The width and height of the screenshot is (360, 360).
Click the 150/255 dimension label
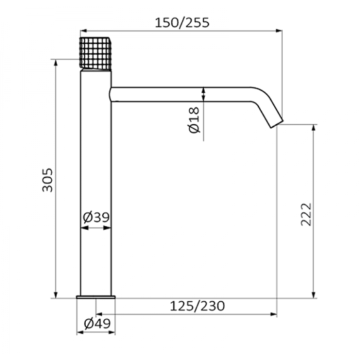(x=182, y=22)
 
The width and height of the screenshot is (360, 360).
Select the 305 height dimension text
(x=47, y=180)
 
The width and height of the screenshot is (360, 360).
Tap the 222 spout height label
(x=306, y=214)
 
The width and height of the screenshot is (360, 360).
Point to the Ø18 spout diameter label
(x=194, y=119)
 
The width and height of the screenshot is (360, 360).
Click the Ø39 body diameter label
(x=96, y=217)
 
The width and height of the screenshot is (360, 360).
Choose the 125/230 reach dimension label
(x=197, y=306)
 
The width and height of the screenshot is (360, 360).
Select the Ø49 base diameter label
(x=97, y=323)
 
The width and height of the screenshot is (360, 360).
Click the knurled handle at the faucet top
(x=95, y=53)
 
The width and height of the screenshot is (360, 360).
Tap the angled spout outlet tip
(x=277, y=124)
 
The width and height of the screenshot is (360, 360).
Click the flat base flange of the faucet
(x=95, y=297)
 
